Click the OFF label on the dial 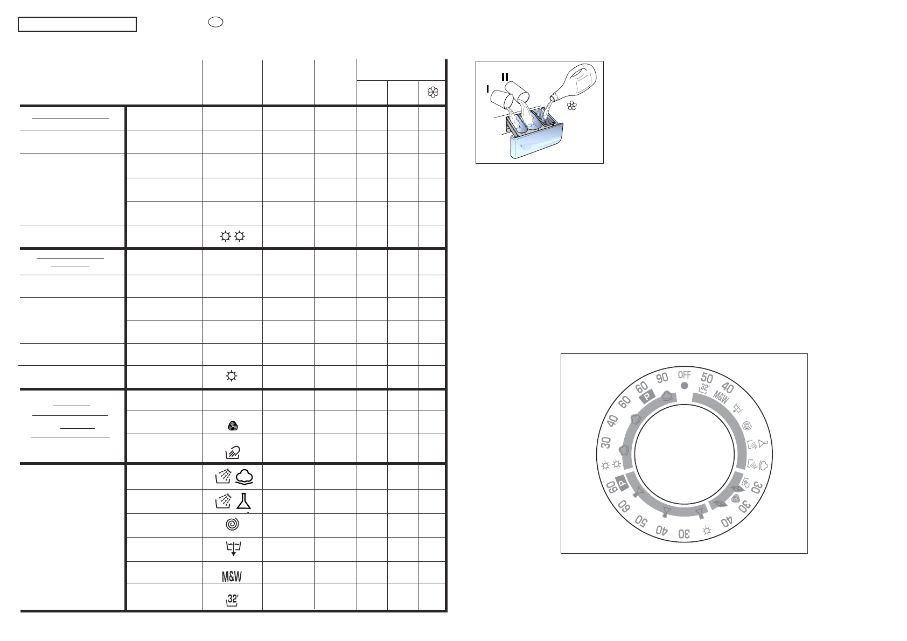685,375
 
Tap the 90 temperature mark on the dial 662,378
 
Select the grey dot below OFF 685,386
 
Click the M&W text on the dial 721,397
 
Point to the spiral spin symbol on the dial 747,426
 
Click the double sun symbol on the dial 611,465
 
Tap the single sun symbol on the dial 707,531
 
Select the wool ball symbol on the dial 735,498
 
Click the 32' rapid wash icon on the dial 704,388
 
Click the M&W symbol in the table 232,576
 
